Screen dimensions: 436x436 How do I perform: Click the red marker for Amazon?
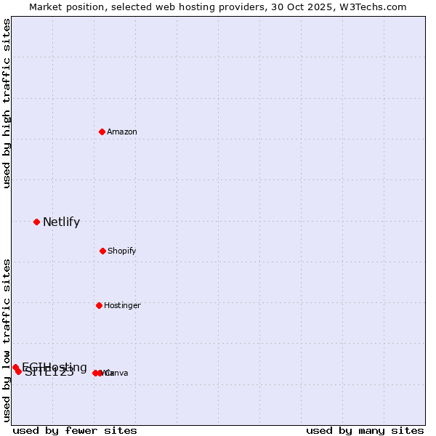point(102,132)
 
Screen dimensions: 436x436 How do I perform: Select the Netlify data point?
point(36,222)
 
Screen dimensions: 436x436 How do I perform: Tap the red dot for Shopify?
point(102,251)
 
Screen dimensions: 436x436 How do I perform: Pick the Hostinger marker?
point(99,305)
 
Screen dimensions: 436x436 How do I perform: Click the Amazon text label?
point(122,132)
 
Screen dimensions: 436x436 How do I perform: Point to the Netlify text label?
point(61,222)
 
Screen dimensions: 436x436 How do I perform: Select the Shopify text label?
point(122,251)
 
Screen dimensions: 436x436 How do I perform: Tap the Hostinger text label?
point(122,305)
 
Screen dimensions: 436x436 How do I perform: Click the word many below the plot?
point(366,430)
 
